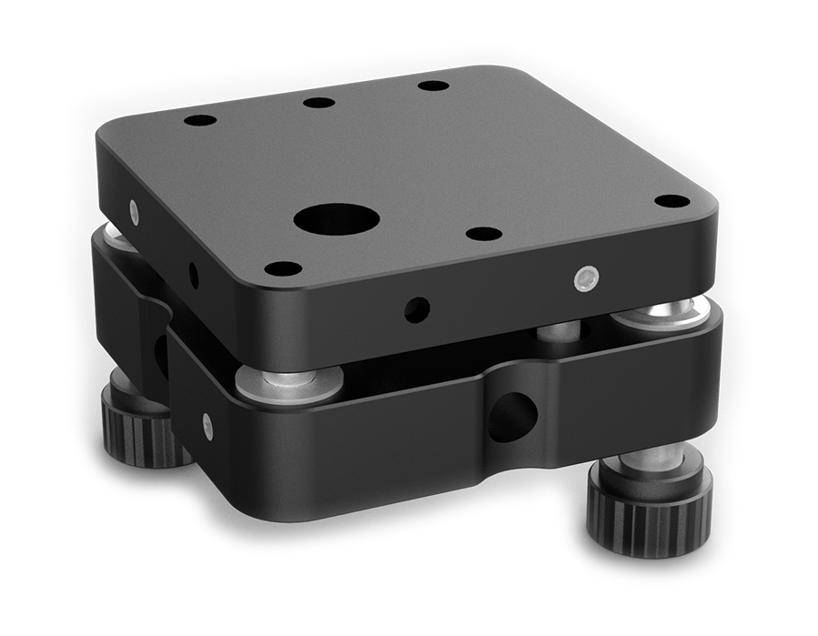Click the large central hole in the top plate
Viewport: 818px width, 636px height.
(x=336, y=218)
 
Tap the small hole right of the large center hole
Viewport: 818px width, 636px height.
(x=483, y=234)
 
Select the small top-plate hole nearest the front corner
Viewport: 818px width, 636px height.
(x=283, y=268)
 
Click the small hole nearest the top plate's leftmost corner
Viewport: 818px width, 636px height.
(x=200, y=120)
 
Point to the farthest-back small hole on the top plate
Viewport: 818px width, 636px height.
(x=433, y=86)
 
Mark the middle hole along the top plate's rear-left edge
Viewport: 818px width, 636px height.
(x=318, y=102)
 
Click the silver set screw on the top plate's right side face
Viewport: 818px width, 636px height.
(x=587, y=278)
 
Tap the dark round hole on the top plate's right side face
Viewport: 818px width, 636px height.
(x=418, y=309)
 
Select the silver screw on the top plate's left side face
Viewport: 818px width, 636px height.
(x=136, y=212)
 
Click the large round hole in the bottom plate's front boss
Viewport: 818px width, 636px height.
(x=513, y=417)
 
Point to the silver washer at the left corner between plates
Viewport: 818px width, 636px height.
(x=118, y=236)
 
